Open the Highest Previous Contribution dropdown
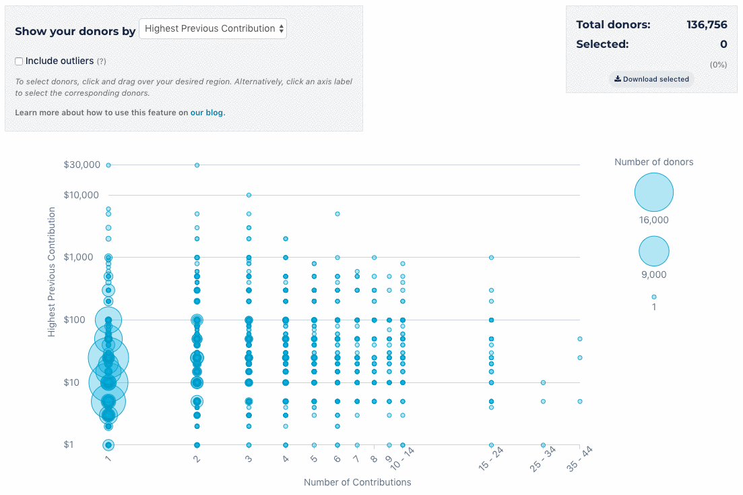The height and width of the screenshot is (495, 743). [213, 28]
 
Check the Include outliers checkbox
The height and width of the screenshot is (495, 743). [19, 61]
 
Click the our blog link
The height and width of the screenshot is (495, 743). [207, 113]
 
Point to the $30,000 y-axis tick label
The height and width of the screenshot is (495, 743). [82, 165]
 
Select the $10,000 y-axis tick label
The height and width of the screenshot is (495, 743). [82, 195]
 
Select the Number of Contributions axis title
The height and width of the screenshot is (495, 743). [357, 482]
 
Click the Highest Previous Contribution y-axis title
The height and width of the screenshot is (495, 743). [51, 272]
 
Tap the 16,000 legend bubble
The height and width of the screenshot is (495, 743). [653, 193]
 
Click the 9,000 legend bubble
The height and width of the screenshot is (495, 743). [653, 251]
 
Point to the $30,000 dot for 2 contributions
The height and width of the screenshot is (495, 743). [197, 165]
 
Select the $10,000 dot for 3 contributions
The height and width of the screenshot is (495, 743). [249, 195]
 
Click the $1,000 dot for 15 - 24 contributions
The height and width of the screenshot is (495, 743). [491, 257]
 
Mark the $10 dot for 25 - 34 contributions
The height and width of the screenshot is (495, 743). [543, 382]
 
